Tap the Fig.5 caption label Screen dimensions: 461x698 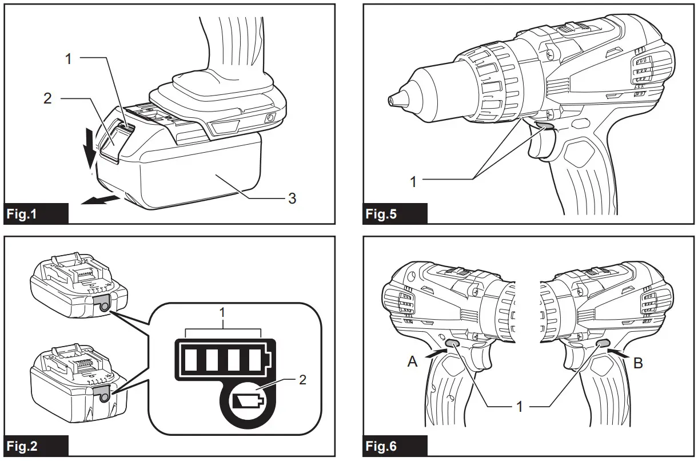381,215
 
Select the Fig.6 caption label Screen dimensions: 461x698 381,446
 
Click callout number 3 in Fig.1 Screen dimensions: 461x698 292,198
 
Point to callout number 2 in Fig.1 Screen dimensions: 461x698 47,98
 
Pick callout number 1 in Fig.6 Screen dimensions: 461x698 519,407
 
